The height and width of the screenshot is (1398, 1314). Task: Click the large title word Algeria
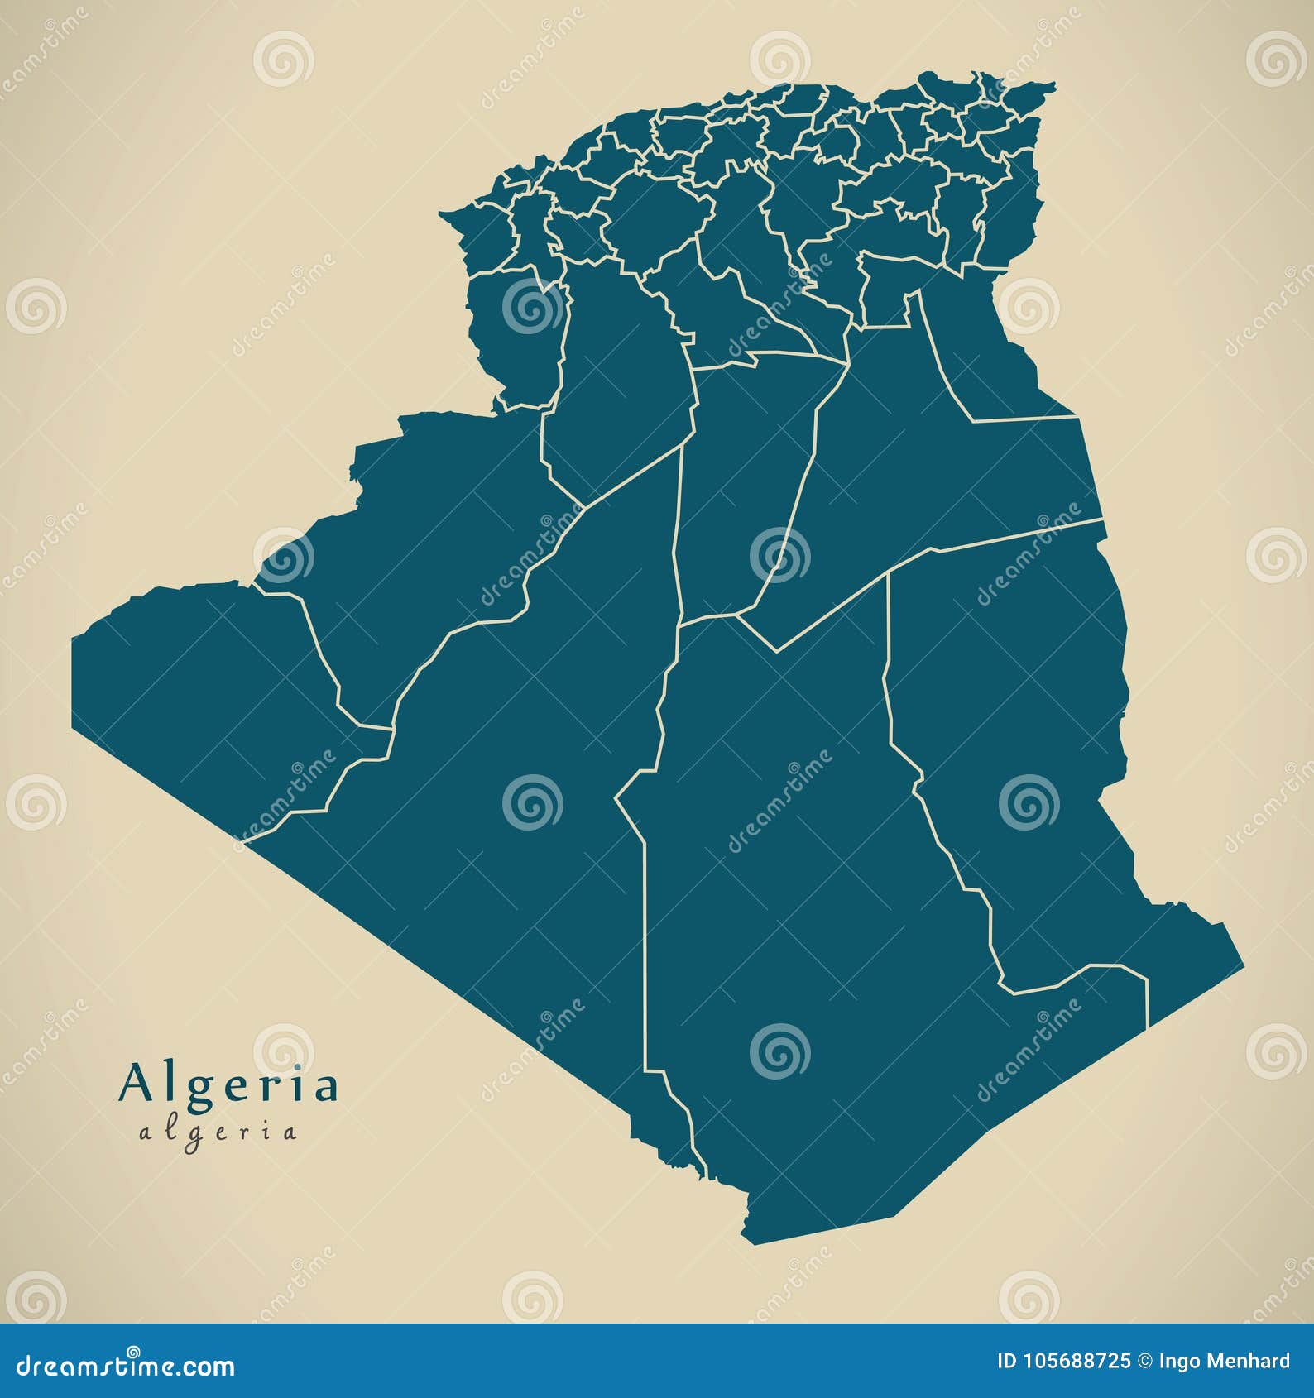point(229,1084)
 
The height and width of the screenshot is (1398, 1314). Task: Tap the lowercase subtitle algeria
point(218,1132)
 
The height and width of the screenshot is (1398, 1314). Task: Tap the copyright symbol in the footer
point(1144,1362)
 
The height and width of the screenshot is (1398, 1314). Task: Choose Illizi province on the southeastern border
point(1018,744)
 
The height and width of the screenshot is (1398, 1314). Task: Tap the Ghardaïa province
point(745,480)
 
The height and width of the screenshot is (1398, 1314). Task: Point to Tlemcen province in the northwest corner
point(484,236)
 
